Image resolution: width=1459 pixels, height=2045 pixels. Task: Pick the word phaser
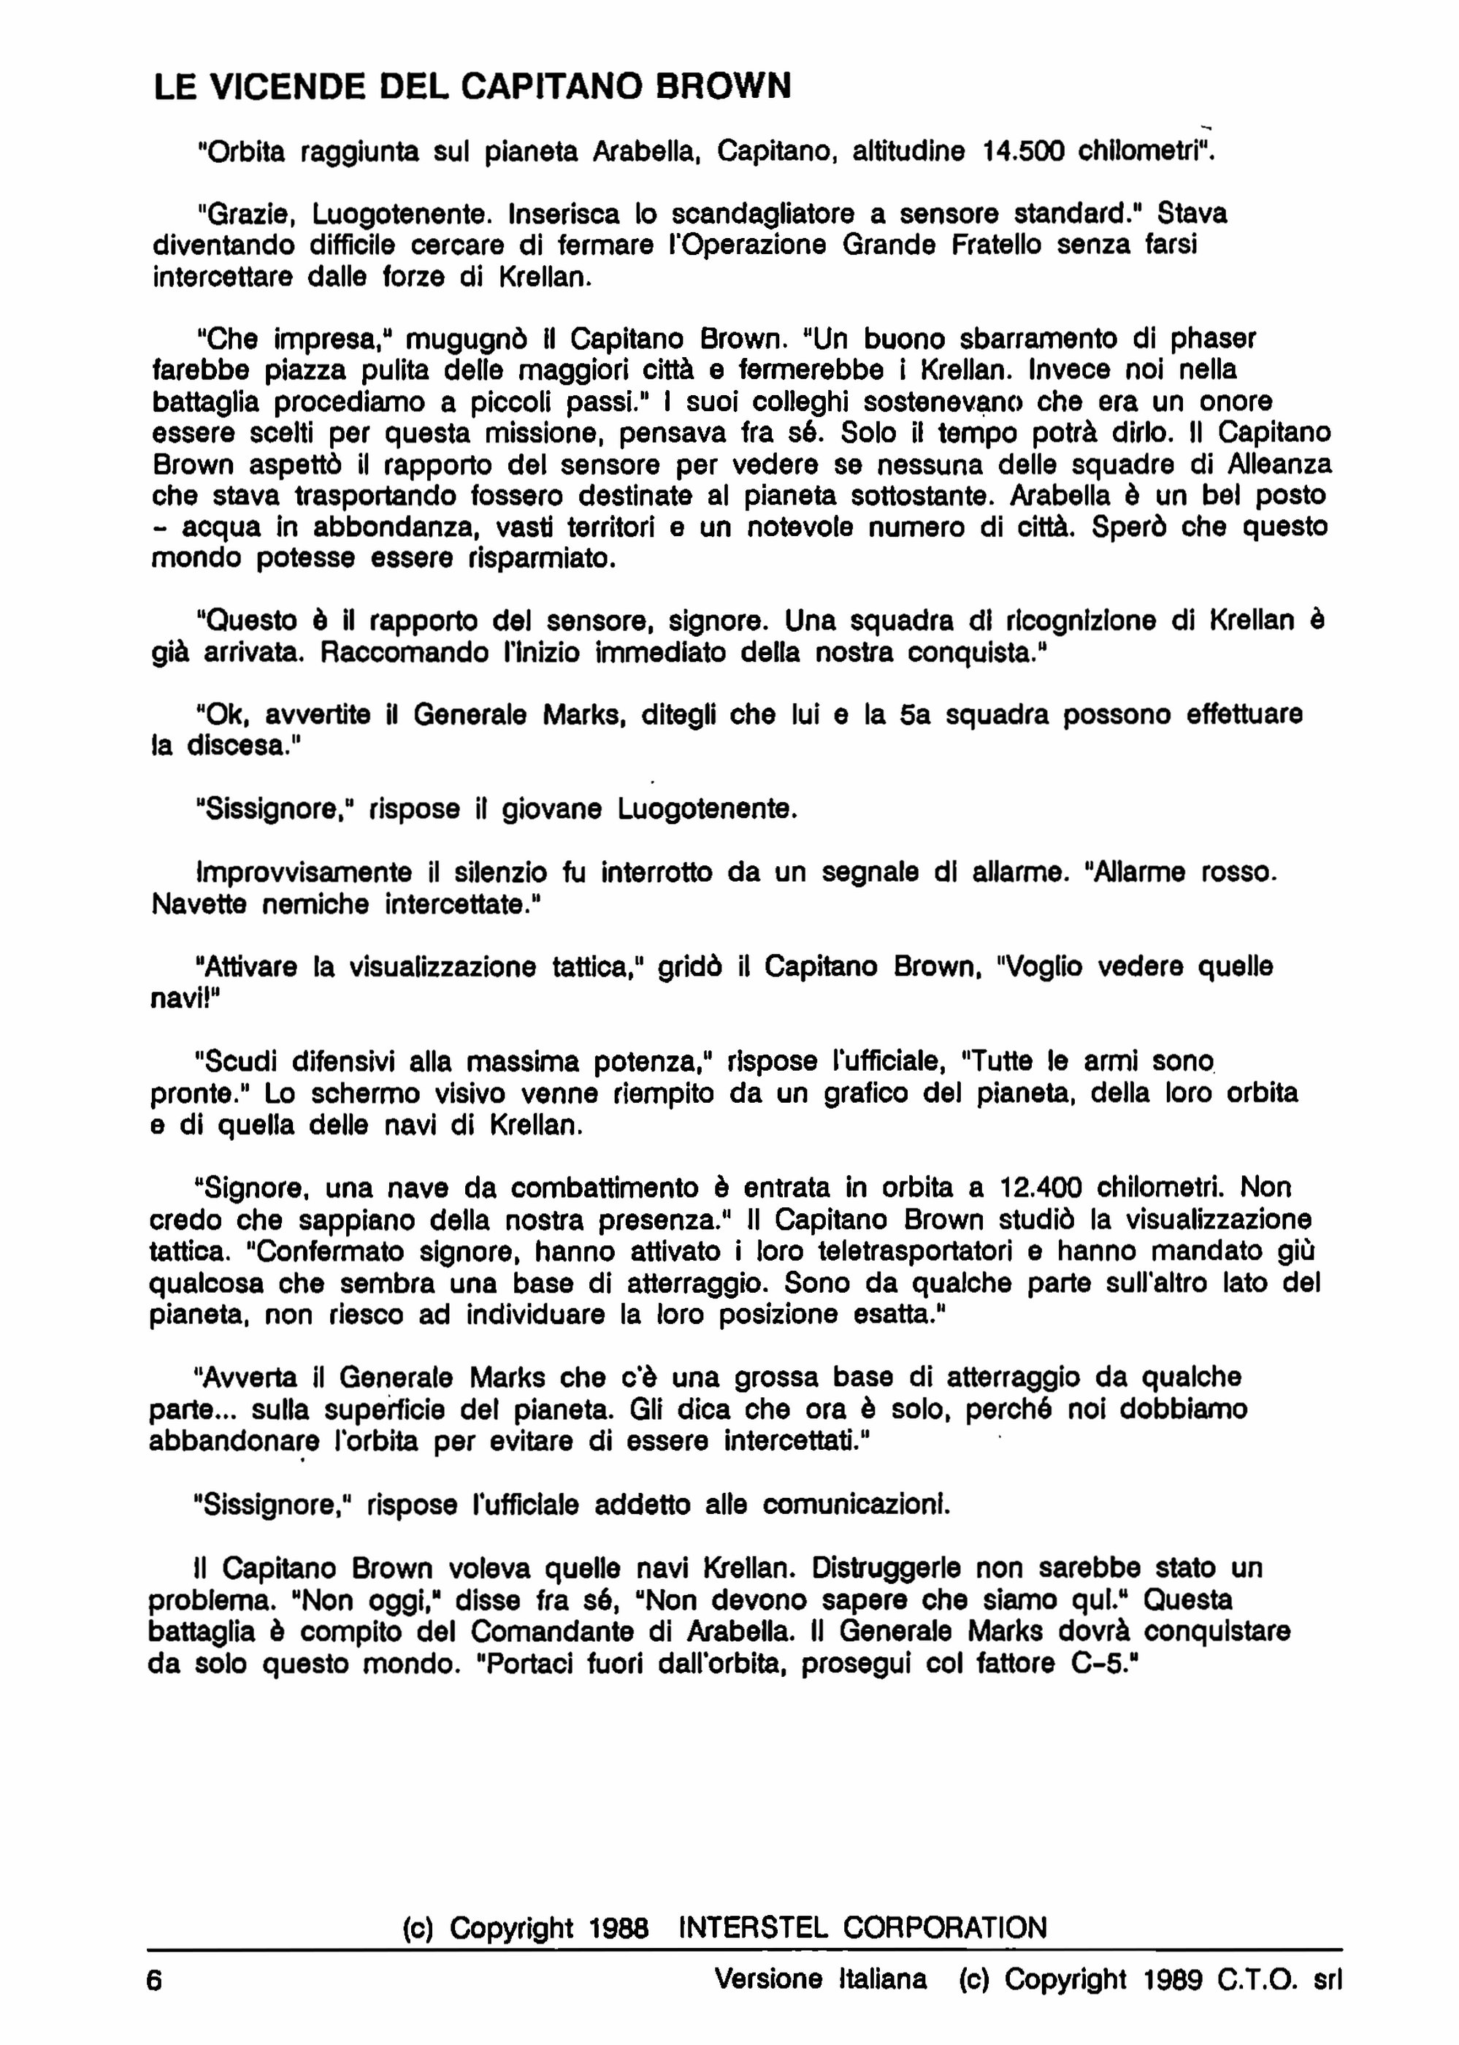pyautogui.click(x=1213, y=339)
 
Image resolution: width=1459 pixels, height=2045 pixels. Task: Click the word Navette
pyautogui.click(x=199, y=904)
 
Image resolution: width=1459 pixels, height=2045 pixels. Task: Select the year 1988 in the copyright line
pyautogui.click(x=619, y=1928)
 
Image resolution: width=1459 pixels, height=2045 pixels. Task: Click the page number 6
pyautogui.click(x=155, y=1979)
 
